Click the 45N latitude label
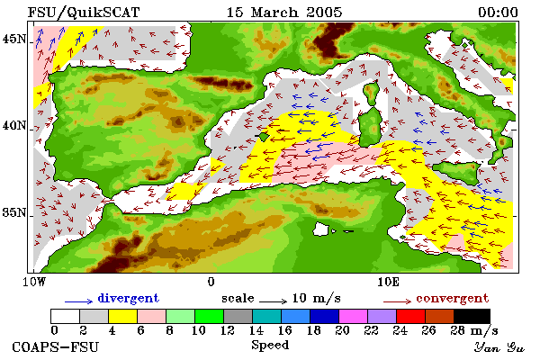(14, 40)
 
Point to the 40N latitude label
(14, 126)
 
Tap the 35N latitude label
(14, 212)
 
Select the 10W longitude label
(34, 282)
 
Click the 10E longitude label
(389, 282)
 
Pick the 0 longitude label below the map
(211, 282)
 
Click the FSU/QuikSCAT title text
(84, 13)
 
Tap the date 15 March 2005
(284, 13)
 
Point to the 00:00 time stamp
(498, 13)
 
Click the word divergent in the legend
(129, 298)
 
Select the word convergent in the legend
(452, 298)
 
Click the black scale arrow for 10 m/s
(273, 301)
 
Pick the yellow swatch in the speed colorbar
(123, 316)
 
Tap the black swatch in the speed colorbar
(472, 316)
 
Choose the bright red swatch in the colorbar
(410, 316)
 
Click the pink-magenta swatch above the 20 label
(353, 316)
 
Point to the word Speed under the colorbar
(270, 346)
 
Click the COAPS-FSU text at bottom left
(56, 346)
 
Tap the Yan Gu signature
(499, 347)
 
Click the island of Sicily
(458, 171)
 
